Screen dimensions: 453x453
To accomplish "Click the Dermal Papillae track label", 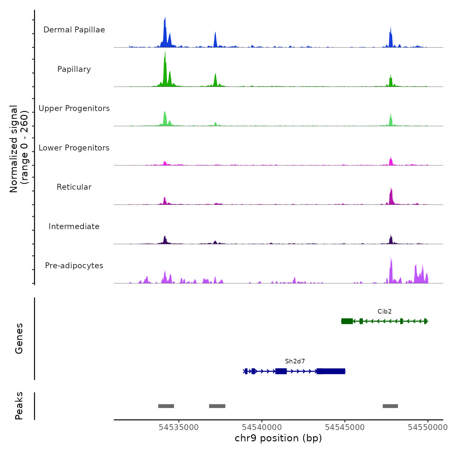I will pos(74,30).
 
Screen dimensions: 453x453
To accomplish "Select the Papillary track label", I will pos(74,69).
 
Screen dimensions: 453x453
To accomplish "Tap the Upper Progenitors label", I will pos(74,108).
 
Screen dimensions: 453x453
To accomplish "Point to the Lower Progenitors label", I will pos(74,148).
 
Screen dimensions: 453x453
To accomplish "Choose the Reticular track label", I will pos(74,187).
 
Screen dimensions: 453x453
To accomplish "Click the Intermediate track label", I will pos(74,226).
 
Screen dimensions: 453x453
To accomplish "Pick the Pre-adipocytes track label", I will pos(74,266).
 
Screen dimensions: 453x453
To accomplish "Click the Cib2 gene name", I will pos(384,312).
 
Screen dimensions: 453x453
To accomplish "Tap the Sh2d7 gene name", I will pos(295,361).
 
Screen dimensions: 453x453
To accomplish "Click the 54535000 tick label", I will pos(179,427).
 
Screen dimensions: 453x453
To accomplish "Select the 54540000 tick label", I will pos(262,427).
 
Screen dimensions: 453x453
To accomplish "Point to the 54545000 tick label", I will pos(345,427).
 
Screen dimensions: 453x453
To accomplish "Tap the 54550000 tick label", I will pos(427,427).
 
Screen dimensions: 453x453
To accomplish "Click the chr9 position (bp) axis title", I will pos(278,438).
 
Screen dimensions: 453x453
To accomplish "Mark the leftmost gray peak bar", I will pos(166,406).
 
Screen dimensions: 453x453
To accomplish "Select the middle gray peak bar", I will pos(217,406).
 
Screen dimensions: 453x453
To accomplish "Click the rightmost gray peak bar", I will pos(390,406).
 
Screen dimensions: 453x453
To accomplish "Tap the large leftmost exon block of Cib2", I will pos(347,321).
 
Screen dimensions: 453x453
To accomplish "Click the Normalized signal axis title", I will pos(19,149).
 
